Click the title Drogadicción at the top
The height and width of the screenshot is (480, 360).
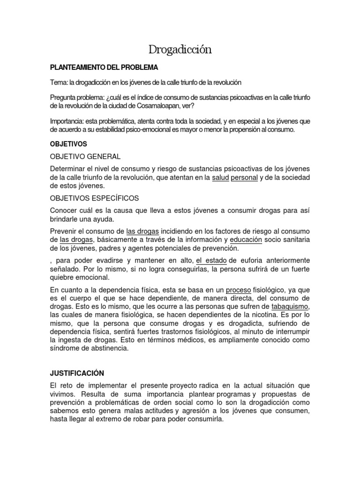pos(180,49)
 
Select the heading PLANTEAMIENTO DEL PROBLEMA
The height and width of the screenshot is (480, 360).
pos(104,67)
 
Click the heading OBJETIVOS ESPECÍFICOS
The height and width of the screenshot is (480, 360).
pos(94,198)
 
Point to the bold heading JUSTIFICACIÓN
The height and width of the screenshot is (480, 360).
pos(77,373)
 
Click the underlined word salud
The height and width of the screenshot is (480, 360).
pos(221,178)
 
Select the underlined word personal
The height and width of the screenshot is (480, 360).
pos(244,178)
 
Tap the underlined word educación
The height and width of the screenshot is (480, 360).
pos(246,240)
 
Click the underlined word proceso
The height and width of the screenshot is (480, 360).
pos(239,290)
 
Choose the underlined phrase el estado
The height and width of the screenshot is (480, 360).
pos(211,261)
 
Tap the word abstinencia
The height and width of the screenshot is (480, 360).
pos(106,349)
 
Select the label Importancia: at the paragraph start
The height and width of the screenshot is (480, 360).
pos(67,121)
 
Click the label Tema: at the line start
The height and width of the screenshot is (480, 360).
pos(59,82)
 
